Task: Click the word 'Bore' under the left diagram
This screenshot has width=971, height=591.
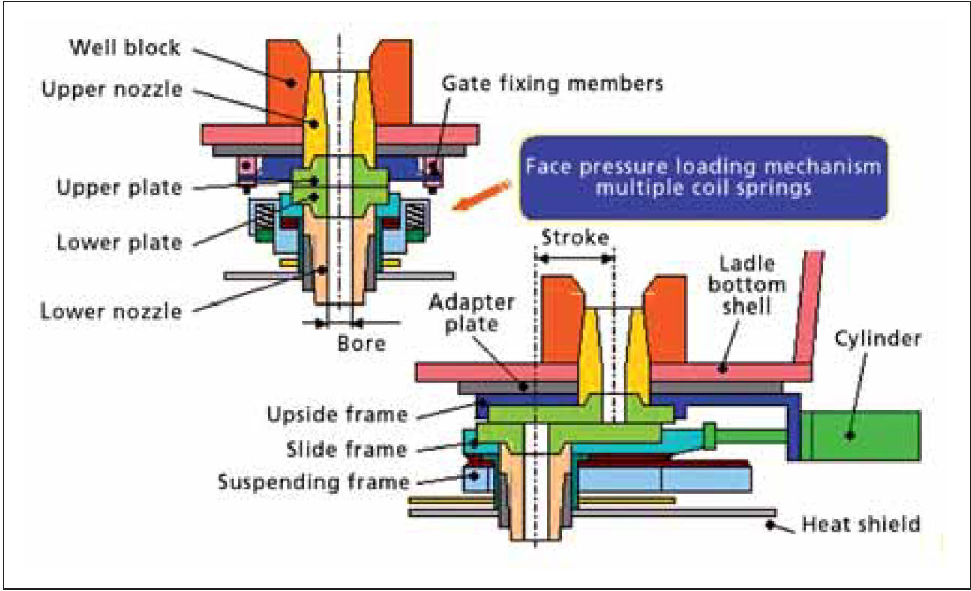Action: click(361, 344)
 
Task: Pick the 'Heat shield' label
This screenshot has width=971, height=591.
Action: click(860, 523)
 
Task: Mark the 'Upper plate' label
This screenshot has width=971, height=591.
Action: click(119, 187)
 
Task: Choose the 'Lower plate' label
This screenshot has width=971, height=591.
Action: click(119, 242)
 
